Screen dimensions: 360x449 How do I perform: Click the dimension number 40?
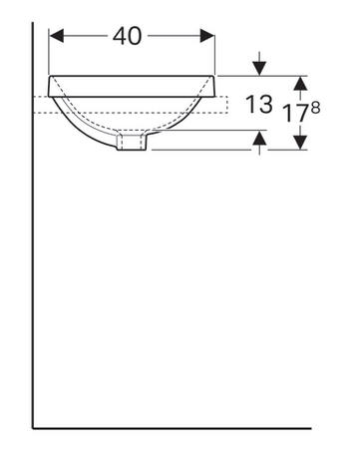[127, 36]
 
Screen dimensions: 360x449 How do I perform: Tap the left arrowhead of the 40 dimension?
[56, 36]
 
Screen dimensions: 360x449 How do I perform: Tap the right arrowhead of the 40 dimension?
[207, 36]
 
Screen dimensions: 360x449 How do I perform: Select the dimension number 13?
[259, 104]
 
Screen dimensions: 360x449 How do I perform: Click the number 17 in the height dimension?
[296, 113]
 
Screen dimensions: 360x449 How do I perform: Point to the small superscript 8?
[316, 108]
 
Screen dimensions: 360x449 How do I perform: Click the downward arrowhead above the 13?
[259, 68]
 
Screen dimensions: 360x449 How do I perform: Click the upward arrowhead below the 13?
[259, 138]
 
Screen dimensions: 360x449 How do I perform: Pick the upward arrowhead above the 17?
[301, 83]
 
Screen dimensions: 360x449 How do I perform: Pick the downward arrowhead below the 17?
[301, 143]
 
